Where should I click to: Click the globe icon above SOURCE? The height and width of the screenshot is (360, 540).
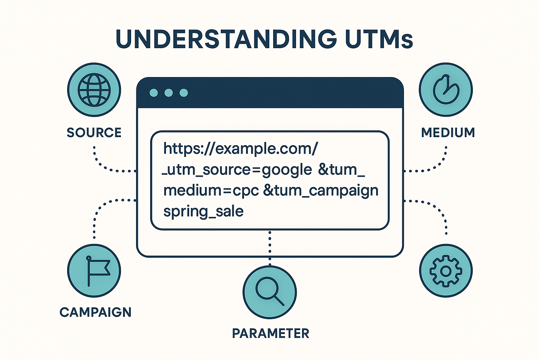point(94,90)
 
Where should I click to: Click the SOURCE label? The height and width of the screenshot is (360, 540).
point(94,133)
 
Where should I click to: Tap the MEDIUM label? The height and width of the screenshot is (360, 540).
point(448,133)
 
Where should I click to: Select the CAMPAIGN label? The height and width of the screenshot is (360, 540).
point(96,312)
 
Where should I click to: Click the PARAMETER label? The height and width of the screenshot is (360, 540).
point(270,334)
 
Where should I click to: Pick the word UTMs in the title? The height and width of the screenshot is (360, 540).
point(379,39)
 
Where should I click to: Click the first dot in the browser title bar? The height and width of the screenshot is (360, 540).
point(154,93)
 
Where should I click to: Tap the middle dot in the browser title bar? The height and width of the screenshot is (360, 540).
point(168,93)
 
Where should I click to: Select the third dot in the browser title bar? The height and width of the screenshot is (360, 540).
point(184,93)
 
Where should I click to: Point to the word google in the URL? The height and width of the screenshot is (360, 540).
point(287,170)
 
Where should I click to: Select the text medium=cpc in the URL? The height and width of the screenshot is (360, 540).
point(211,191)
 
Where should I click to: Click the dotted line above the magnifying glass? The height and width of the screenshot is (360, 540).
point(270,248)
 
